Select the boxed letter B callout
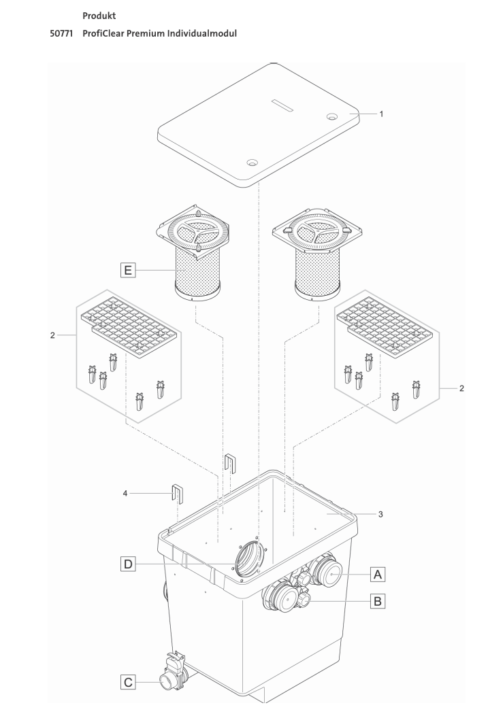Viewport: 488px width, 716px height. (x=378, y=600)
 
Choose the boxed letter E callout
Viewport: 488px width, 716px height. (x=124, y=271)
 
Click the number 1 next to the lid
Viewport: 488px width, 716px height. (x=381, y=114)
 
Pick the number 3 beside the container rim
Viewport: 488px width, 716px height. (x=381, y=515)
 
